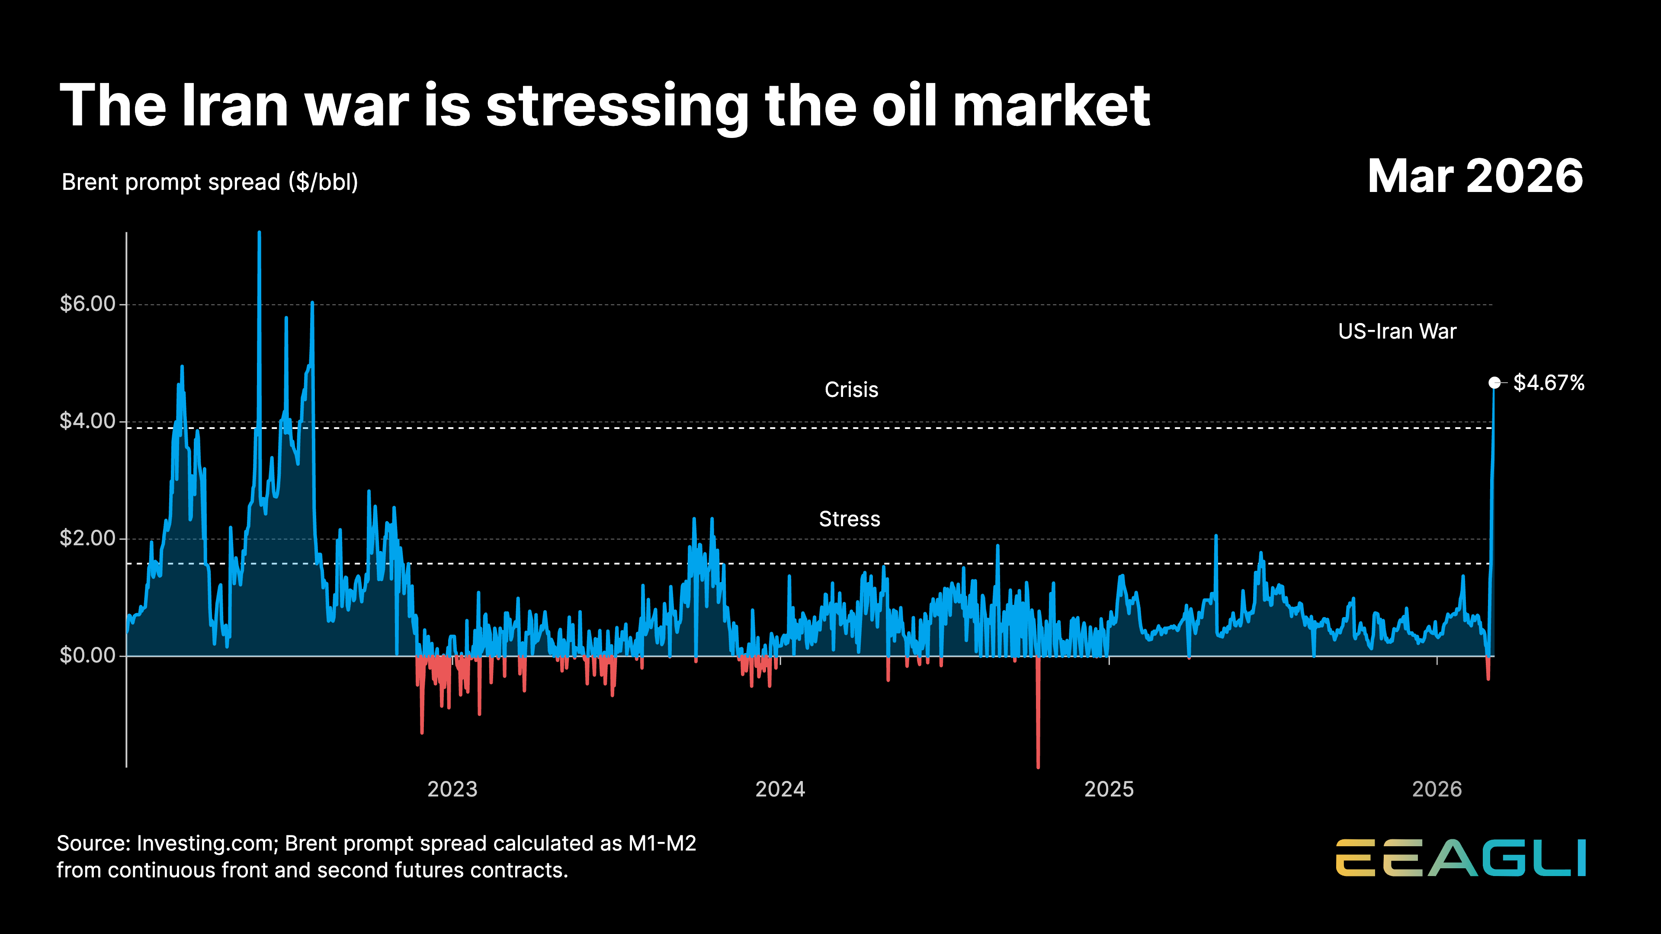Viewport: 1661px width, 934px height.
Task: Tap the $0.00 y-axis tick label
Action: coord(87,655)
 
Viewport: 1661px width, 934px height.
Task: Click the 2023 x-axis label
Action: coord(452,789)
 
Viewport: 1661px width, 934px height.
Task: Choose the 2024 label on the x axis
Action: coord(780,789)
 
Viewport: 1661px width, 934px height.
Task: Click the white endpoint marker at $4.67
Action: coord(1494,383)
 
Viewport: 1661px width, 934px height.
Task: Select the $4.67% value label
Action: coord(1548,383)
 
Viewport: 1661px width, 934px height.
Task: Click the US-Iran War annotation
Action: coord(1397,331)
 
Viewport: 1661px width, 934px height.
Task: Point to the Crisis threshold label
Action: coord(851,390)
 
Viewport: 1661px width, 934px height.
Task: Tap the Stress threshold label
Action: coord(849,519)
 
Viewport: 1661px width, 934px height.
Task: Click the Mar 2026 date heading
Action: coord(1475,176)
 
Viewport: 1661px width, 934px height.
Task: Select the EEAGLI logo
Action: coord(1460,858)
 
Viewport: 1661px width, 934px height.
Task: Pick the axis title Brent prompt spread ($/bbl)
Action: coord(209,182)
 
